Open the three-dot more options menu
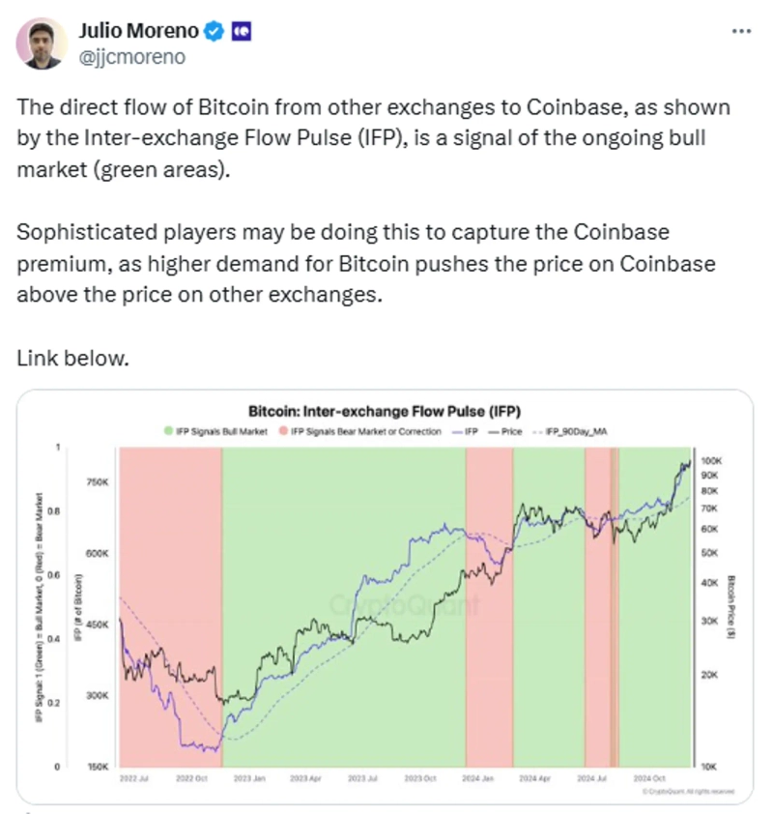click(741, 31)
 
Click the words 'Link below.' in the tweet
click(72, 358)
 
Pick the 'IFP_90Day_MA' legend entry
click(577, 431)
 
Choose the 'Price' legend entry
click(508, 431)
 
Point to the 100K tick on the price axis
click(710, 462)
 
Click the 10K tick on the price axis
click(708, 767)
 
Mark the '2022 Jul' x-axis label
click(136, 777)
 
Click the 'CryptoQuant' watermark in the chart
click(405, 606)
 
